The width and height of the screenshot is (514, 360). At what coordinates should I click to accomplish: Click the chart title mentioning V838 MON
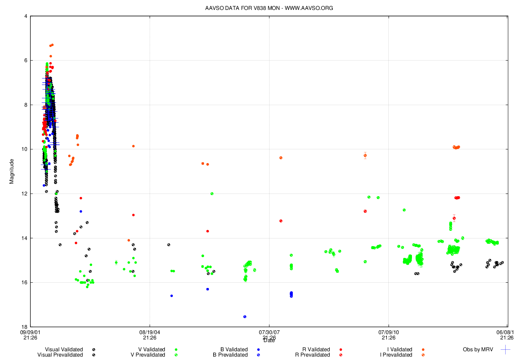click(269, 8)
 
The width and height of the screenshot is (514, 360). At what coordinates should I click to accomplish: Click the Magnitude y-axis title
click(11, 171)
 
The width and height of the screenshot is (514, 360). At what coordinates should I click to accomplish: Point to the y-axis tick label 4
click(26, 16)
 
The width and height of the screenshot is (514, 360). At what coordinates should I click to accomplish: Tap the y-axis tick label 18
click(24, 327)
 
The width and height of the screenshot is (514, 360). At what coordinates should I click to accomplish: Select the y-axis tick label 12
click(24, 194)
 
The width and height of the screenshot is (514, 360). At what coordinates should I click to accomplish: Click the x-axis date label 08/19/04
click(150, 332)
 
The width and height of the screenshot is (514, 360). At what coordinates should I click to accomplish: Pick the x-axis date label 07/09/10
click(388, 332)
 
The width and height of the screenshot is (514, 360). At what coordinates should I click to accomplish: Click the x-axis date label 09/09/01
click(30, 332)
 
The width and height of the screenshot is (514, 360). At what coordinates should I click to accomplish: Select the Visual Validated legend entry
click(64, 349)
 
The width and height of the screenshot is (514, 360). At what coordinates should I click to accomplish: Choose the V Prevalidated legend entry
click(148, 355)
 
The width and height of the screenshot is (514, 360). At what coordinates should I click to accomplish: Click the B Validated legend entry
click(234, 349)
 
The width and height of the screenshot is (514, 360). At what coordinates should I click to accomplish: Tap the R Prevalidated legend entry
click(313, 355)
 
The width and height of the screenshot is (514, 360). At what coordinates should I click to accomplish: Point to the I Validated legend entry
click(400, 349)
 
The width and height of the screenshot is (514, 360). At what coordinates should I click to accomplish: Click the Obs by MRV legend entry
click(478, 349)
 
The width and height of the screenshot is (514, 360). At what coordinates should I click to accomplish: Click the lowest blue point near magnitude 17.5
click(245, 317)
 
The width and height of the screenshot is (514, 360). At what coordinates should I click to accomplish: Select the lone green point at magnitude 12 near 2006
click(212, 194)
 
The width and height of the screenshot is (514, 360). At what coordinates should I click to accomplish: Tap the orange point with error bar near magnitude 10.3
click(365, 155)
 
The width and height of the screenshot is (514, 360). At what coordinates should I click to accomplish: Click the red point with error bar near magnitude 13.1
click(454, 218)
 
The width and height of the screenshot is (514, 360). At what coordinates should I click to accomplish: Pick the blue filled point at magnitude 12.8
click(81, 211)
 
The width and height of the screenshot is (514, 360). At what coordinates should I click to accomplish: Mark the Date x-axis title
click(269, 341)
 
